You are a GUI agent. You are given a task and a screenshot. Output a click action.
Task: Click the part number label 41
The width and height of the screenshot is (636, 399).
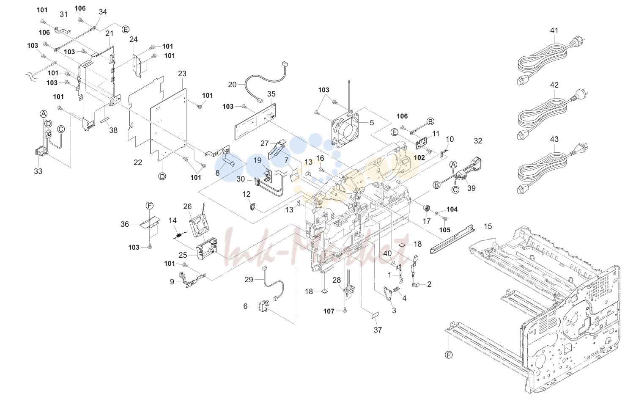click(554, 30)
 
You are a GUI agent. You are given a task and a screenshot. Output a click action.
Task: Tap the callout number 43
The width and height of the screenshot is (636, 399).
click(554, 139)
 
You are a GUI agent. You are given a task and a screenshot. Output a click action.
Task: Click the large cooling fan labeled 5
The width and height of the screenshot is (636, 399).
click(345, 129)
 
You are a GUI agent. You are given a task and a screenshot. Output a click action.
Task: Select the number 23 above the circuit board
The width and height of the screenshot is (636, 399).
click(182, 74)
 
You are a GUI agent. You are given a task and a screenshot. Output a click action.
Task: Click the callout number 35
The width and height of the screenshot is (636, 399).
click(271, 94)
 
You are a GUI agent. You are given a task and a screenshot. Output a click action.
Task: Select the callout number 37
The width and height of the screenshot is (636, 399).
click(378, 330)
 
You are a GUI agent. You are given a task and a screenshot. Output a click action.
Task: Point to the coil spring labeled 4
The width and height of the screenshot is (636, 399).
click(396, 290)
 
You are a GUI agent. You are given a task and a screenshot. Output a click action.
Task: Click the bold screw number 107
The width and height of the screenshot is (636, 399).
click(329, 311)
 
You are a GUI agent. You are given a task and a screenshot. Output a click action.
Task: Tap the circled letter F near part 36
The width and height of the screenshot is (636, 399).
click(150, 206)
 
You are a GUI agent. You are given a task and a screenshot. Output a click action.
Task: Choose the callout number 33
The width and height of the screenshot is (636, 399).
click(38, 171)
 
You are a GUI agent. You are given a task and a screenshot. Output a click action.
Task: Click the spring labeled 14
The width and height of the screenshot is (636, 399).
click(179, 235)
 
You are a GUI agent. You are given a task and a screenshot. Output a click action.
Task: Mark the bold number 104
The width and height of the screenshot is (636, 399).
click(452, 209)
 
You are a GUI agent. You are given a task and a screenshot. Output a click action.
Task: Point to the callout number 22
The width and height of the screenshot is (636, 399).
click(138, 162)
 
